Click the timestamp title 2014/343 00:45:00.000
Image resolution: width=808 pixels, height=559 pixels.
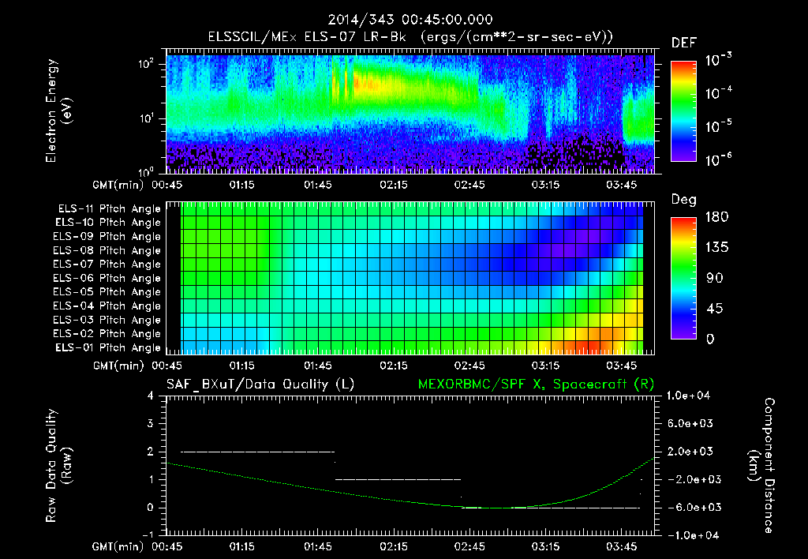point(404,19)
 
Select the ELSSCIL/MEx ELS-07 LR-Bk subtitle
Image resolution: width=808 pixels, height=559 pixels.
point(404,36)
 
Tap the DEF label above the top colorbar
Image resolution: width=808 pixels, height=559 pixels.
point(683,43)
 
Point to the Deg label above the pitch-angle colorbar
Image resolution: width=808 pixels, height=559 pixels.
point(683,200)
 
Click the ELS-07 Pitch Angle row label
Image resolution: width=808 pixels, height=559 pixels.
point(107,264)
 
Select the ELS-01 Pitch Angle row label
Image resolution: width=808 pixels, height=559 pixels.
point(107,347)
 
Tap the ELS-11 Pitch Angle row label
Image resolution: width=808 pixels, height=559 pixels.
point(107,209)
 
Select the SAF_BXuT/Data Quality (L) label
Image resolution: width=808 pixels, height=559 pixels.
point(260,385)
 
